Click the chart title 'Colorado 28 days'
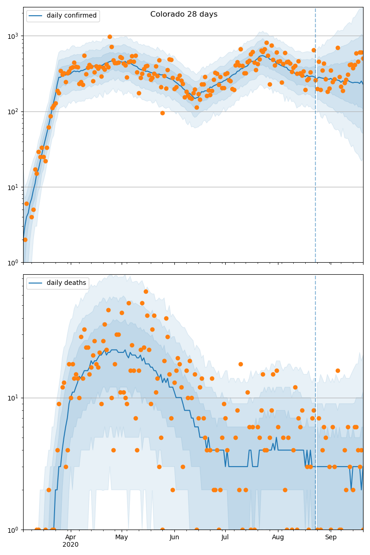(184, 14)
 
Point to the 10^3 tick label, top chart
(13, 36)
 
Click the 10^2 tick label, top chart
(13, 111)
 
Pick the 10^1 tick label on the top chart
(13, 187)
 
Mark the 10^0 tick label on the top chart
(13, 263)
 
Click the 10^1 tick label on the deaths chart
(13, 398)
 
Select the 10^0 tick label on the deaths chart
(13, 529)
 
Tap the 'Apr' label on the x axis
(70, 537)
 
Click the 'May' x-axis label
(122, 537)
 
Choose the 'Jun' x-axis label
(174, 537)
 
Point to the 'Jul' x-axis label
(225, 537)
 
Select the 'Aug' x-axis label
(278, 537)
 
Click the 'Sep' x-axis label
(331, 537)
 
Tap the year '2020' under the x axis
(70, 545)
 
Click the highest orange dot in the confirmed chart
(110, 37)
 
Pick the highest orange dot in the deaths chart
(146, 291)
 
